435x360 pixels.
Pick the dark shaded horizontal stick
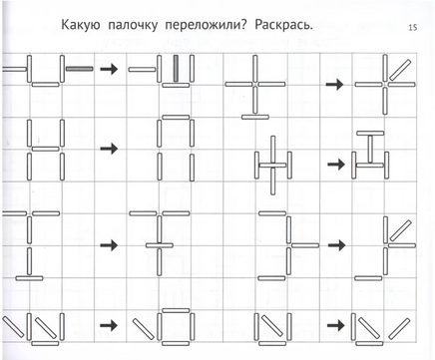click(79, 69)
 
